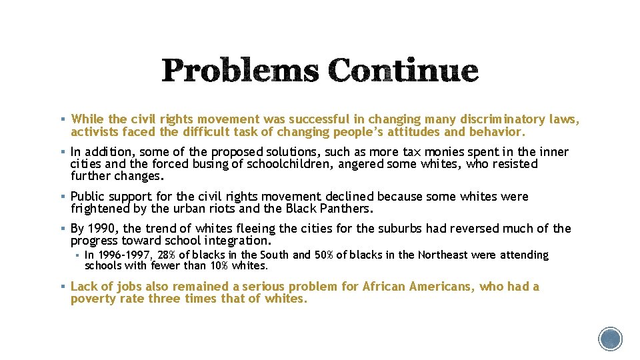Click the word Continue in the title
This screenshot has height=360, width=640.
[403, 71]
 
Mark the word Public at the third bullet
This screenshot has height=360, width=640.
[89, 197]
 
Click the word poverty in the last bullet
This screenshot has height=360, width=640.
[93, 299]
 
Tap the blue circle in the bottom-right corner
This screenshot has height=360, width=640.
[610, 339]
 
